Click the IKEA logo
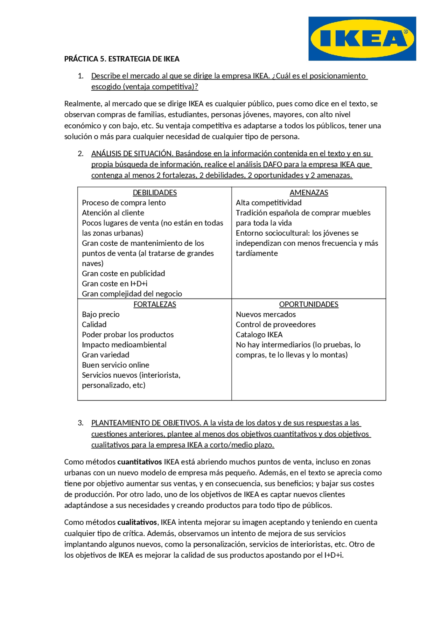pyautogui.click(x=362, y=39)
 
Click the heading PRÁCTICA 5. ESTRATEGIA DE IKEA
pyautogui.click(x=121, y=59)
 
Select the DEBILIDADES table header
pyautogui.click(x=155, y=193)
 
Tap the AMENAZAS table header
pyautogui.click(x=309, y=193)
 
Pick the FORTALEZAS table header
pyautogui.click(x=155, y=304)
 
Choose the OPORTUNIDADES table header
pyautogui.click(x=309, y=304)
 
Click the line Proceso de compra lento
pyautogui.click(x=124, y=203)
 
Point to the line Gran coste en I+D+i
pyautogui.click(x=114, y=284)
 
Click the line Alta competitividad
pyautogui.click(x=268, y=203)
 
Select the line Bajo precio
pyautogui.click(x=100, y=314)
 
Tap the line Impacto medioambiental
pyautogui.click(x=124, y=345)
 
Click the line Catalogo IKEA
pyautogui.click(x=259, y=335)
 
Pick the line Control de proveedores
pyautogui.click(x=275, y=325)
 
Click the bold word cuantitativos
pyautogui.click(x=139, y=462)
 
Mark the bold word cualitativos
pyautogui.click(x=137, y=522)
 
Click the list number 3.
pyautogui.click(x=80, y=423)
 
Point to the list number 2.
pyautogui.click(x=80, y=154)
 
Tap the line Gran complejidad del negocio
pyautogui.click(x=132, y=294)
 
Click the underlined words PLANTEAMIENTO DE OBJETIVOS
pyautogui.click(x=146, y=423)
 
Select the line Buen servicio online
pyautogui.click(x=115, y=365)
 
